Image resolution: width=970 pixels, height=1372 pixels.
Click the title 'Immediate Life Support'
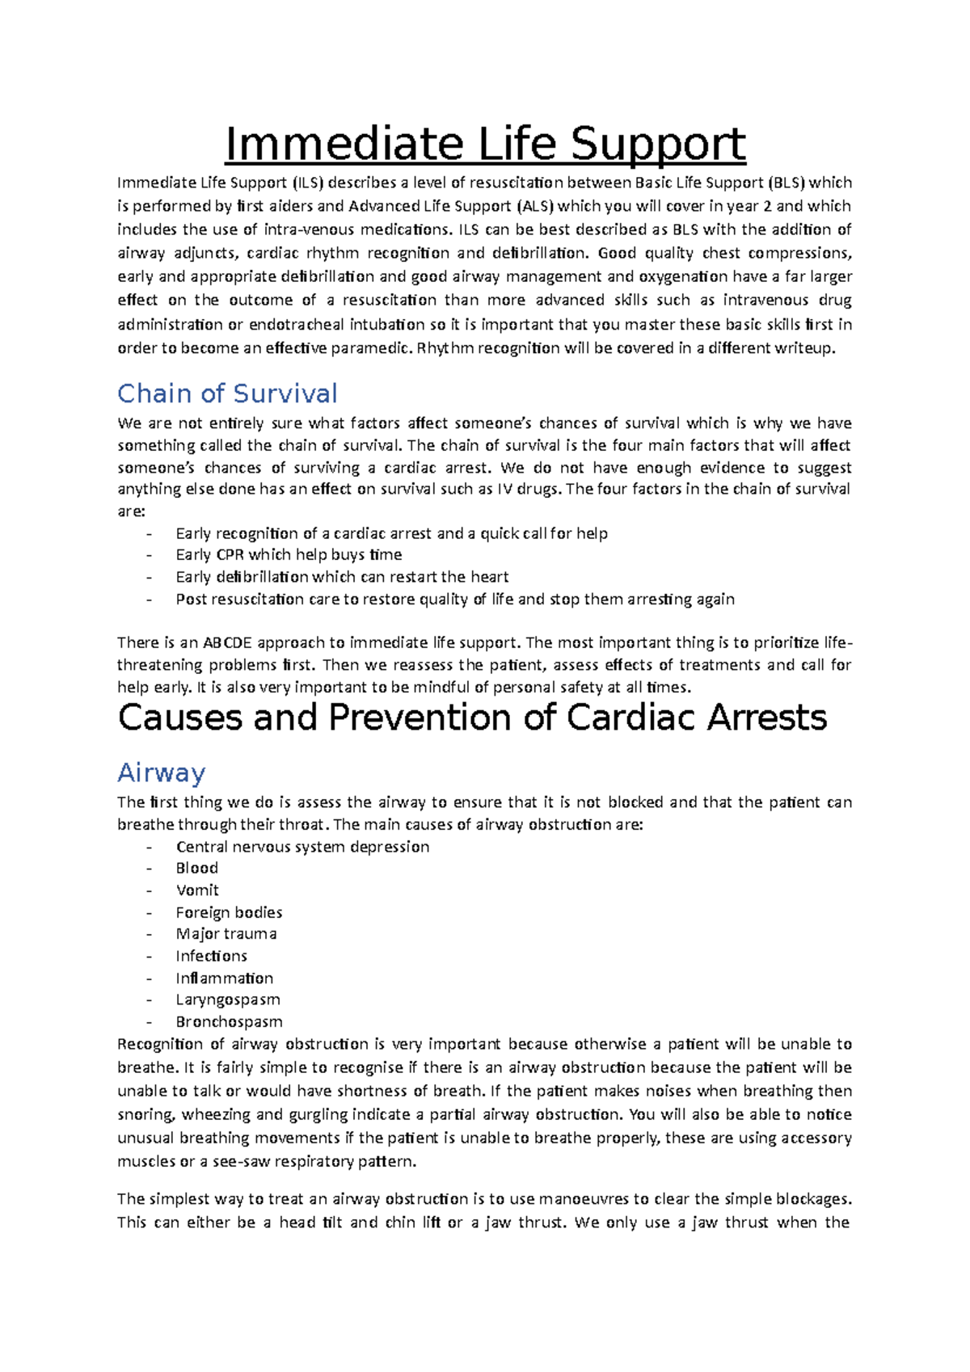[x=485, y=145]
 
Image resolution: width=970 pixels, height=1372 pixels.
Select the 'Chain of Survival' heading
[x=227, y=394]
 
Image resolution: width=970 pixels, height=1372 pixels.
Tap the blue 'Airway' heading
[x=161, y=772]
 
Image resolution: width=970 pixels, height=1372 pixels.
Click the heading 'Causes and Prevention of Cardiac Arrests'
[x=472, y=718]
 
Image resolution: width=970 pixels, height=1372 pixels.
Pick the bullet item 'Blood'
[x=197, y=868]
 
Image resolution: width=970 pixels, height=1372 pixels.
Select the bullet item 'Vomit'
[x=197, y=890]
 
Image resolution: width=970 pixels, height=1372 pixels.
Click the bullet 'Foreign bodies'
[x=229, y=912]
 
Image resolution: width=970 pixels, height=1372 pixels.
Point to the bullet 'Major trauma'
[x=226, y=934]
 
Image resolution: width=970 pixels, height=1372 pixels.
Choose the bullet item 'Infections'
[x=211, y=956]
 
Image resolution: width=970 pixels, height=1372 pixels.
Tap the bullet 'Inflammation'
[x=224, y=978]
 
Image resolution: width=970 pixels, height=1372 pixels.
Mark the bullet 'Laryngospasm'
[x=228, y=1000]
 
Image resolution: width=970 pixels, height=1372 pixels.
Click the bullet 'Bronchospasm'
[x=229, y=1021]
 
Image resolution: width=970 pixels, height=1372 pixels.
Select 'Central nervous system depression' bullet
[x=302, y=847]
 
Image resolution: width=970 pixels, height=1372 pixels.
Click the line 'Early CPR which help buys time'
[x=289, y=555]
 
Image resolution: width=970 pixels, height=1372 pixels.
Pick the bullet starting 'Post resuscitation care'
[x=454, y=600]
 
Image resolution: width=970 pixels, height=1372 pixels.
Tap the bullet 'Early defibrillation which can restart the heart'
[x=342, y=577]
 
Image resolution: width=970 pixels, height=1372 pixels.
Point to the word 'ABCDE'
[x=227, y=643]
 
